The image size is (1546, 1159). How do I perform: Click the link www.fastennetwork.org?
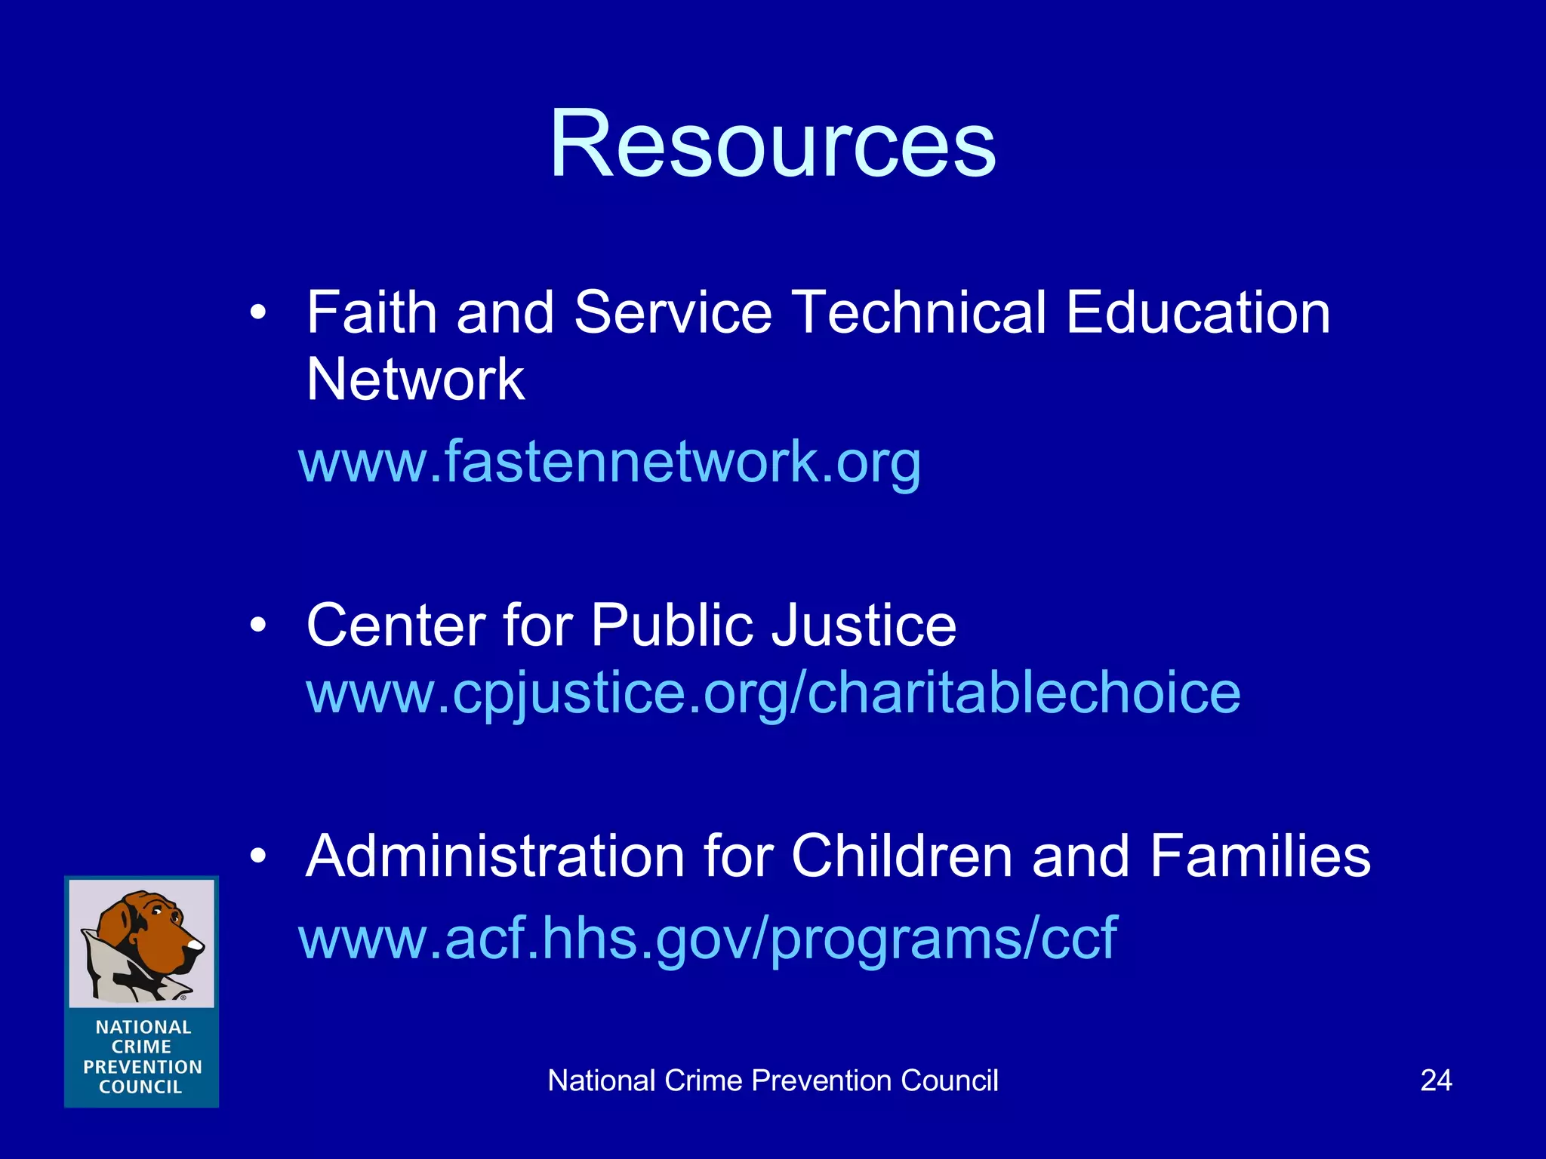click(x=610, y=462)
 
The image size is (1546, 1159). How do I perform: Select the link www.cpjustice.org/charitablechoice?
click(x=773, y=693)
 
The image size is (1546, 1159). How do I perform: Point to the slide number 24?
click(x=1436, y=1081)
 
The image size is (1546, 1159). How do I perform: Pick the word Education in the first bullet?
click(x=1198, y=312)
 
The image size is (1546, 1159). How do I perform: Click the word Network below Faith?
click(x=415, y=380)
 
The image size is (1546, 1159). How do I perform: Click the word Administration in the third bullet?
click(x=494, y=856)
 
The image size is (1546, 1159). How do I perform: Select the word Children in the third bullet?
click(x=901, y=856)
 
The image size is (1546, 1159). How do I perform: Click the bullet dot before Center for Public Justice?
click(x=259, y=626)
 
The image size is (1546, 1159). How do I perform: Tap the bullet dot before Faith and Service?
click(x=259, y=312)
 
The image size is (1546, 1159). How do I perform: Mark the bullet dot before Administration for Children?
click(x=259, y=856)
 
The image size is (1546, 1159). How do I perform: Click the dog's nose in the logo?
click(x=196, y=944)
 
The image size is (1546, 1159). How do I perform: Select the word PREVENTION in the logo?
click(x=143, y=1067)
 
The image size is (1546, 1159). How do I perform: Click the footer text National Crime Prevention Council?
click(x=772, y=1081)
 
